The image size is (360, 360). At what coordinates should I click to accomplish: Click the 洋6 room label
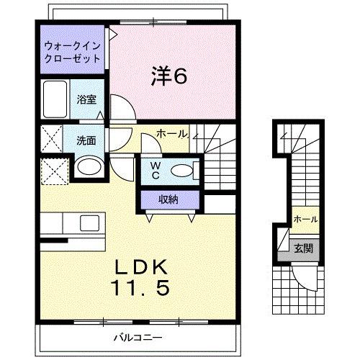170,75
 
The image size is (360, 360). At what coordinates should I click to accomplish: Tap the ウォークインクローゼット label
72,52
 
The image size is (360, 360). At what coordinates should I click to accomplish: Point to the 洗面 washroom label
87,140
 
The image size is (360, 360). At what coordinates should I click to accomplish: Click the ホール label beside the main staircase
172,133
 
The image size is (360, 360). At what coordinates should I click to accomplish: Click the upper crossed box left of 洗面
50,138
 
